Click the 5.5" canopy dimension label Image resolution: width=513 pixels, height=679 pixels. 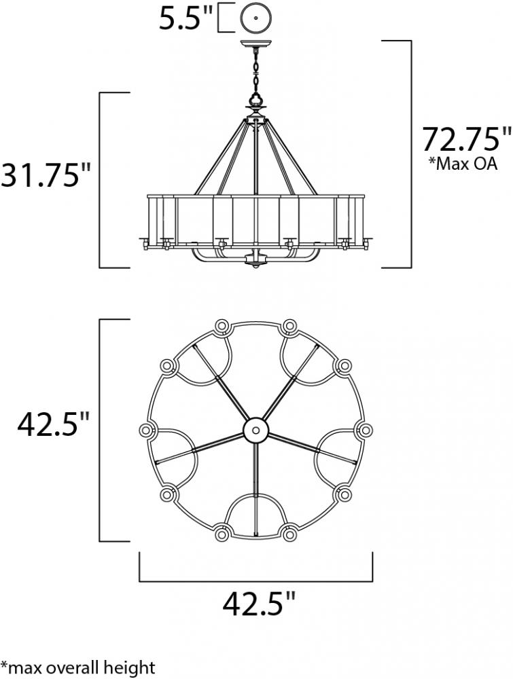pyautogui.click(x=186, y=18)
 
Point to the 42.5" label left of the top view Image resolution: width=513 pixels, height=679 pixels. pyautogui.click(x=53, y=425)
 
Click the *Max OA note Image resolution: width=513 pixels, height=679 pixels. pyautogui.click(x=463, y=164)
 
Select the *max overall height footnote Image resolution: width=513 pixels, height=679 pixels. pyautogui.click(x=78, y=667)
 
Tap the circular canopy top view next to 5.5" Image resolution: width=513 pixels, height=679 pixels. pyautogui.click(x=255, y=18)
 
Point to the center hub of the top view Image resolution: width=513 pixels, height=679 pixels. pyautogui.click(x=256, y=430)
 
